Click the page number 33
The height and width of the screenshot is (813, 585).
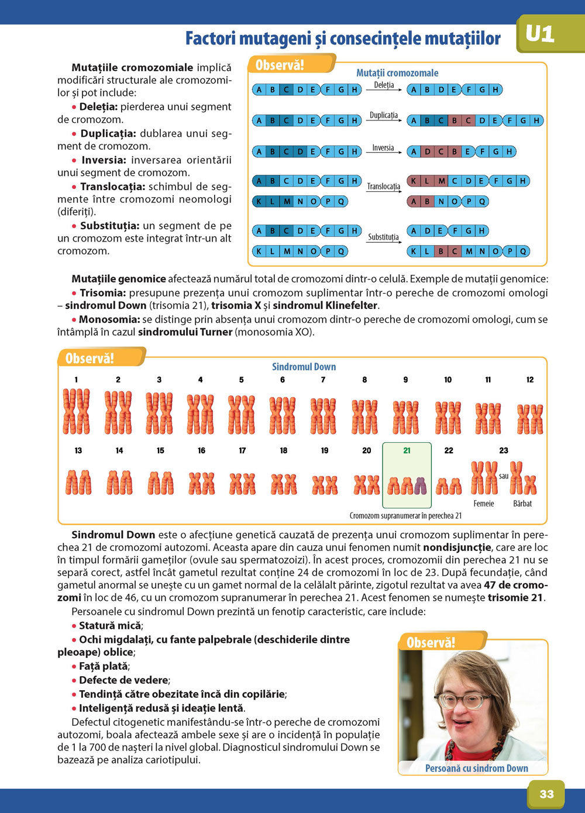(546, 794)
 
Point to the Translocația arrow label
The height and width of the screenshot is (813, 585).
(384, 187)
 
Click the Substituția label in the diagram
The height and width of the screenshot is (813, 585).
(383, 237)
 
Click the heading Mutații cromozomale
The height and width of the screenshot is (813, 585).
(397, 73)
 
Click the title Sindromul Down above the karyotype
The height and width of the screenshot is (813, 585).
(304, 367)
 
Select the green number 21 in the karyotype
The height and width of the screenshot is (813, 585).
(407, 450)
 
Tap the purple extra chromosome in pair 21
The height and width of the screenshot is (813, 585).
(420, 485)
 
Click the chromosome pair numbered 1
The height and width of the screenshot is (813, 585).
(77, 412)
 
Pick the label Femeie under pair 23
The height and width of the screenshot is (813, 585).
(484, 504)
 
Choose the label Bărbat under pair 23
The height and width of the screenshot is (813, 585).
(522, 504)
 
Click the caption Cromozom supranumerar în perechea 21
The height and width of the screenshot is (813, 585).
(405, 516)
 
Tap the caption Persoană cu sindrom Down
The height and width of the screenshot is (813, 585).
(476, 769)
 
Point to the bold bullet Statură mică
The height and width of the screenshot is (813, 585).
(110, 625)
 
